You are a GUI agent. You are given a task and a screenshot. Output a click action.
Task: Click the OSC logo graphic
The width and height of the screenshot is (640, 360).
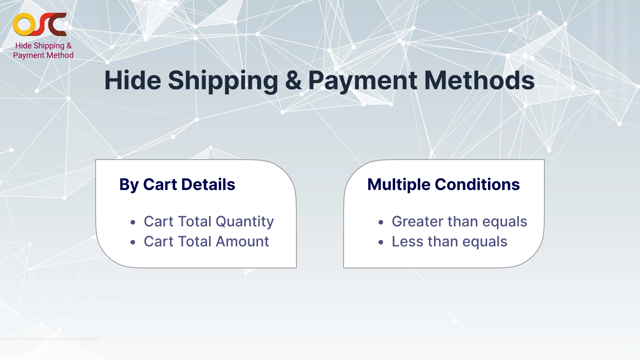40,25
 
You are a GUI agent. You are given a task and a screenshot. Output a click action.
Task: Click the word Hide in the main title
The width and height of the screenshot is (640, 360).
132,80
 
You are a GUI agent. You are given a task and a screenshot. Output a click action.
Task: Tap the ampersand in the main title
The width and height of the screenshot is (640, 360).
293,80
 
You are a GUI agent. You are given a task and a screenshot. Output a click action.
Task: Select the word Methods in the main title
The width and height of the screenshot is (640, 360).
479,80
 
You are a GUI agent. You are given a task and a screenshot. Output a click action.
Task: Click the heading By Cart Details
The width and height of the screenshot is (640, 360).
177,185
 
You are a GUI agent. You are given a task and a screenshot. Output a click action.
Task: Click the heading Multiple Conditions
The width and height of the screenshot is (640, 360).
443,185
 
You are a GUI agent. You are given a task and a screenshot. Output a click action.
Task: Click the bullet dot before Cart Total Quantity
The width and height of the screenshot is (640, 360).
133,222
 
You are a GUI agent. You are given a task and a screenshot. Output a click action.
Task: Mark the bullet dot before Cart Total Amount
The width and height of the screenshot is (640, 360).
133,242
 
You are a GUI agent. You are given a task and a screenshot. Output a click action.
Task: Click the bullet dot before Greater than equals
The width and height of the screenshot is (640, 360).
381,222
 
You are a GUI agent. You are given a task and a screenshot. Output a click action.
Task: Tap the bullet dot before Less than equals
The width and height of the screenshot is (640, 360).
381,242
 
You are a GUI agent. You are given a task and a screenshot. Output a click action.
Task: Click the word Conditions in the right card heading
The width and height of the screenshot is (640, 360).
477,185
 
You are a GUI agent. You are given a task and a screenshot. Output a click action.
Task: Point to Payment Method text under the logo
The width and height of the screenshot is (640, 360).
43,55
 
